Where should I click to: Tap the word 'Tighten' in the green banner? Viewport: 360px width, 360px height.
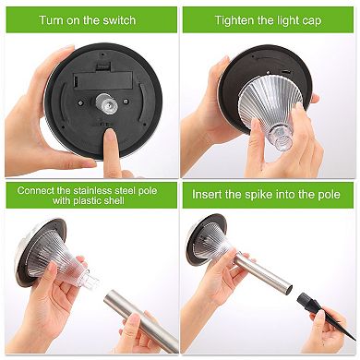click(236, 19)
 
